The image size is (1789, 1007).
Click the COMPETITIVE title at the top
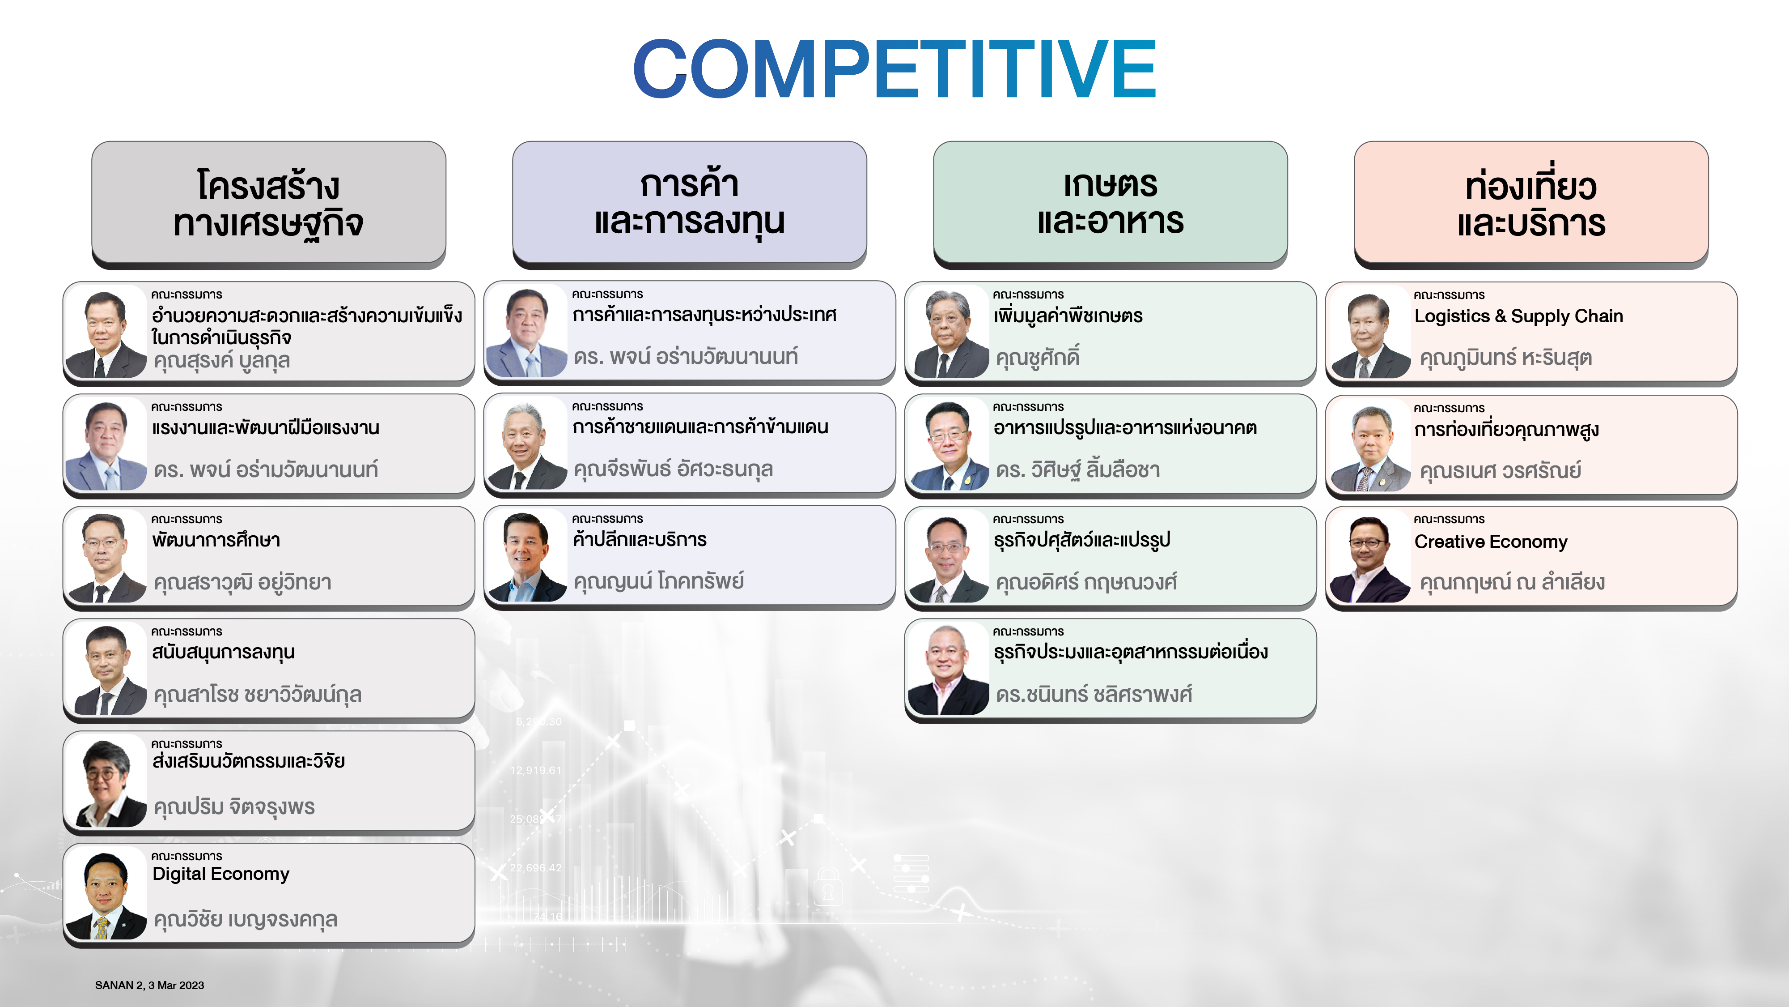click(894, 69)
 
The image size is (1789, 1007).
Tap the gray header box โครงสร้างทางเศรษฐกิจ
click(269, 204)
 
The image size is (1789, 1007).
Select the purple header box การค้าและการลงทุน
click(690, 204)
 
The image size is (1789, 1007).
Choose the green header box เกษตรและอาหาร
click(1111, 204)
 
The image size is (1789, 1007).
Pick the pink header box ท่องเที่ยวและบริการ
click(1531, 204)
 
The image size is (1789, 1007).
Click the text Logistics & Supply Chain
click(1519, 316)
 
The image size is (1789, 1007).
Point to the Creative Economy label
click(1491, 542)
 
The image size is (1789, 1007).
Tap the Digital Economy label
click(221, 874)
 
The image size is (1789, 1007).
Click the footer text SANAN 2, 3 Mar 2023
click(149, 985)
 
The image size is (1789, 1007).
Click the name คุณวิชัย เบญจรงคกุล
click(245, 919)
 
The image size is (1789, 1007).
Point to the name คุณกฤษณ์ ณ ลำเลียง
click(1512, 582)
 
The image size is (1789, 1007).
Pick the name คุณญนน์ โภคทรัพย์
click(658, 581)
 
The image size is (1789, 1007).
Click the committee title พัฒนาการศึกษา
click(216, 540)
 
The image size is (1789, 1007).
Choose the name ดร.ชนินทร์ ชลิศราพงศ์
click(1094, 694)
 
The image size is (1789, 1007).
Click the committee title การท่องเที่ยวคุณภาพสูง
click(1506, 430)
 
